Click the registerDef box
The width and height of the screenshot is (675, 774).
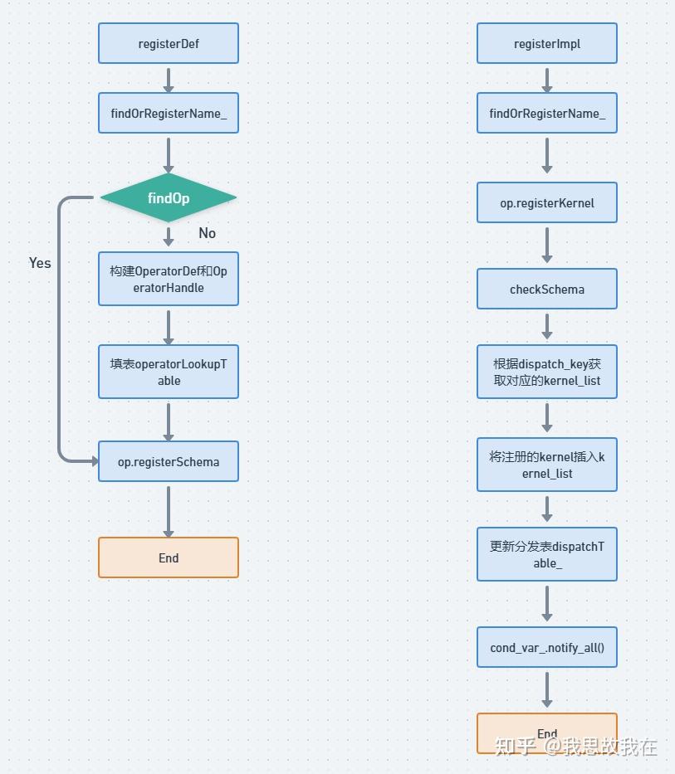pos(169,43)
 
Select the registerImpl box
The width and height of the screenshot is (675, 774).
pos(547,43)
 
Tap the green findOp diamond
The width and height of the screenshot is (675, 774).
pos(169,197)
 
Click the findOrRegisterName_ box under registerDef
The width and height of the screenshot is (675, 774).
pos(169,113)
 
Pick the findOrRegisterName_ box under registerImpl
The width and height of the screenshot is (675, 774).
pos(547,113)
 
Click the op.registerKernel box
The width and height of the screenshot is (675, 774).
pos(547,202)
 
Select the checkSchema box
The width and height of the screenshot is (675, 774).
pos(547,289)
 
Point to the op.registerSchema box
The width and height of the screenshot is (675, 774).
pos(169,461)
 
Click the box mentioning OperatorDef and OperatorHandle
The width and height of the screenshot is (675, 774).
pos(169,279)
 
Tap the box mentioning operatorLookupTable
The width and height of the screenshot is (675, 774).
pos(169,372)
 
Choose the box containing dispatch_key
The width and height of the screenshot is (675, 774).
pos(547,372)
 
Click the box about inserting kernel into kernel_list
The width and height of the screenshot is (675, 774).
pos(547,465)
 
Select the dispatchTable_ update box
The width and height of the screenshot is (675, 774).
pos(547,554)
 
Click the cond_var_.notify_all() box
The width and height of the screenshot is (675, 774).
pos(547,647)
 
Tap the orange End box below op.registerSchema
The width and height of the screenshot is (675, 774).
pos(169,557)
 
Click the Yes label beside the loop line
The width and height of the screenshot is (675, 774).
pos(40,263)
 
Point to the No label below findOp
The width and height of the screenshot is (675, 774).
pos(208,233)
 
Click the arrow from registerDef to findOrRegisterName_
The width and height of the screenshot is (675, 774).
pos(169,79)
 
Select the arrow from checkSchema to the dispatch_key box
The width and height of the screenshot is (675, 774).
pos(547,326)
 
